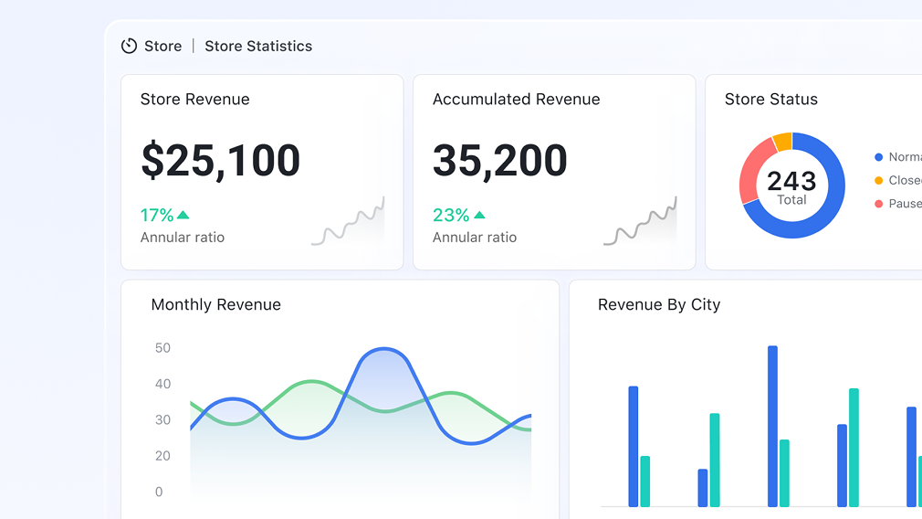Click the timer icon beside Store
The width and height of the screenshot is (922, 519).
click(x=130, y=46)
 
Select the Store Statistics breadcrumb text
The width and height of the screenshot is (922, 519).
click(x=258, y=46)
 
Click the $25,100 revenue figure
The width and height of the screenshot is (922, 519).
click(x=220, y=160)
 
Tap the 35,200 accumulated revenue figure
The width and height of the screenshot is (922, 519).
click(x=499, y=160)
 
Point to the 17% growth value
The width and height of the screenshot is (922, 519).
click(x=156, y=215)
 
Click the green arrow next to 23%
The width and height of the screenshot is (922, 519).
click(x=480, y=215)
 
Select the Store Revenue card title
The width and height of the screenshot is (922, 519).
click(x=194, y=99)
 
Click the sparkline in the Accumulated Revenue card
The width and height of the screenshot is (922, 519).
click(x=640, y=222)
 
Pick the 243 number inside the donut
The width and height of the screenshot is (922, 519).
click(x=791, y=181)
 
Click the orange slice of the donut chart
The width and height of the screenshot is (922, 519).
click(x=782, y=142)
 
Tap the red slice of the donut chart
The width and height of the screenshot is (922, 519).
click(x=750, y=172)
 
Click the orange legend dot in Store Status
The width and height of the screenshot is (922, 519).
click(x=878, y=180)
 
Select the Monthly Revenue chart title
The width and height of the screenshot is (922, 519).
click(x=215, y=304)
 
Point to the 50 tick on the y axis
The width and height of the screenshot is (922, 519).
click(x=162, y=347)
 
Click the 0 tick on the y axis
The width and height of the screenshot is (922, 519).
click(x=159, y=492)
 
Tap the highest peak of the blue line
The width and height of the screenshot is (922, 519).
click(x=384, y=349)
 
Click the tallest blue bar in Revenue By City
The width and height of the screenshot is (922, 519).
click(x=772, y=425)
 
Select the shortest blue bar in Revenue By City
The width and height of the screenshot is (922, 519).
click(x=703, y=488)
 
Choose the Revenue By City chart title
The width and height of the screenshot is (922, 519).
click(x=659, y=304)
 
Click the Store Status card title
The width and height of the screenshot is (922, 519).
click(x=771, y=99)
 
